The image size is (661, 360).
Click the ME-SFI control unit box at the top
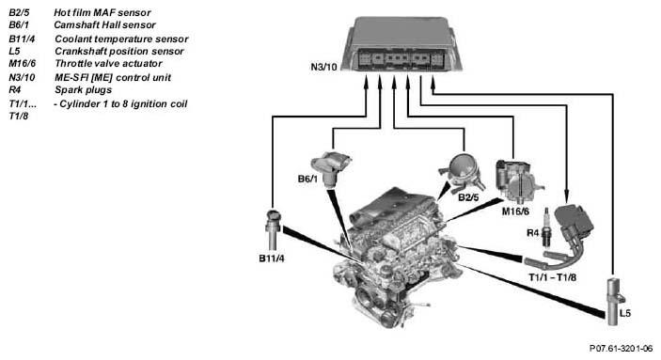coord(401,44)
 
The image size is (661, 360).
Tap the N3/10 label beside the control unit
coord(323,67)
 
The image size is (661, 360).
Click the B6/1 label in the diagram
coord(307,179)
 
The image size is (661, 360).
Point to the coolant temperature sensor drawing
coord(273,229)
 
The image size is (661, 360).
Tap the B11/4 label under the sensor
coord(272,258)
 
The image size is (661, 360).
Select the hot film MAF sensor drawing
coord(463,174)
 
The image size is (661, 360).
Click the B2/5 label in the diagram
coord(468,196)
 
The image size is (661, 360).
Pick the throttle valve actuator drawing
coord(517,180)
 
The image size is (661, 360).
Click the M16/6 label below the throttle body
coord(515,211)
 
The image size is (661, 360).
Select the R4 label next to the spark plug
coord(533,232)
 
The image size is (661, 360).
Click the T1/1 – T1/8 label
coord(552,277)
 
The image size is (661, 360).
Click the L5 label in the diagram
coord(625,313)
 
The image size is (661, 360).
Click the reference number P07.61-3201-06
coord(621,348)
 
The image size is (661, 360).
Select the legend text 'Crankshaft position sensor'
coord(119,52)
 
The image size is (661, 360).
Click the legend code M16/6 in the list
coord(22,64)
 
